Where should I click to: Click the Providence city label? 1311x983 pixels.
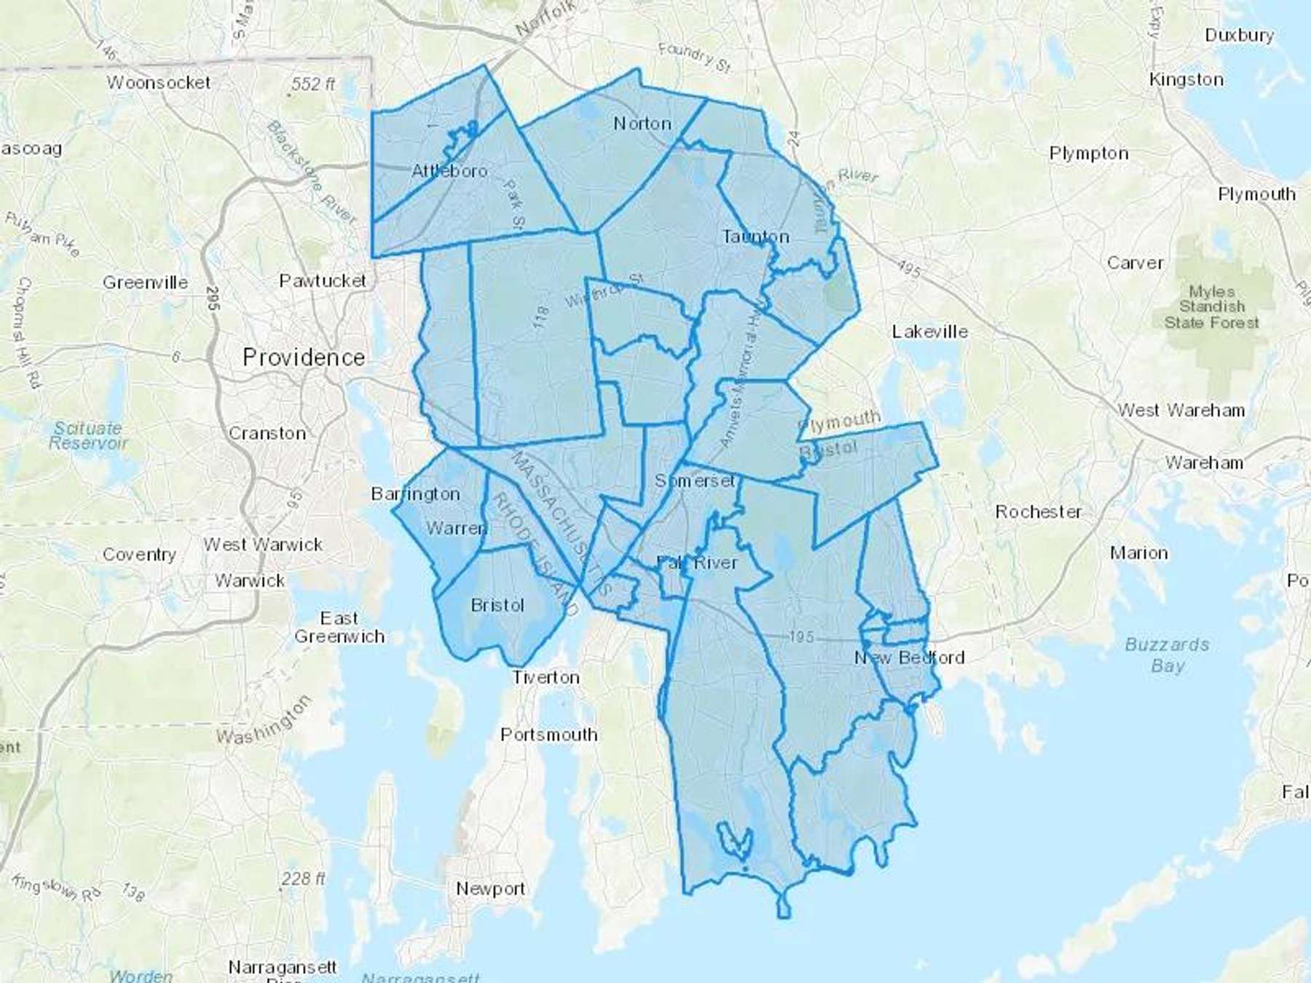(x=304, y=358)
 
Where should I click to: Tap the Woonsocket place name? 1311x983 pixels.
(x=159, y=83)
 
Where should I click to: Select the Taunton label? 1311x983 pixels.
(x=755, y=237)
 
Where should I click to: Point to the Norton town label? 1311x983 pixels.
(x=642, y=124)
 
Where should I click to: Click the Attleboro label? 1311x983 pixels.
(x=449, y=171)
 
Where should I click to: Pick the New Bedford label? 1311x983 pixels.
(x=909, y=658)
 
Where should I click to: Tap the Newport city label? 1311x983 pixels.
(x=490, y=889)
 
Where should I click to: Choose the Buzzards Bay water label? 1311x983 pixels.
(x=1167, y=655)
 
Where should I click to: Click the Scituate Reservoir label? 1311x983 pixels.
(x=88, y=435)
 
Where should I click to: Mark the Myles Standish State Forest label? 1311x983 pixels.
(x=1211, y=307)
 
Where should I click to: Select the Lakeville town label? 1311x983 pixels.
(x=930, y=332)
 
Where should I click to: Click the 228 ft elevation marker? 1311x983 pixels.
(x=302, y=879)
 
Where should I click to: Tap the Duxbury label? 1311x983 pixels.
(x=1239, y=35)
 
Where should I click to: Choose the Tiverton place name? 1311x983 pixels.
(x=546, y=677)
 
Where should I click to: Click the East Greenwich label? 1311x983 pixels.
(x=339, y=628)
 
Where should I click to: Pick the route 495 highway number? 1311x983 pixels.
(x=908, y=269)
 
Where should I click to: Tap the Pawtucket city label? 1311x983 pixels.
(x=323, y=280)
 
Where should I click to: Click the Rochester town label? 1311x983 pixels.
(x=1038, y=512)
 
